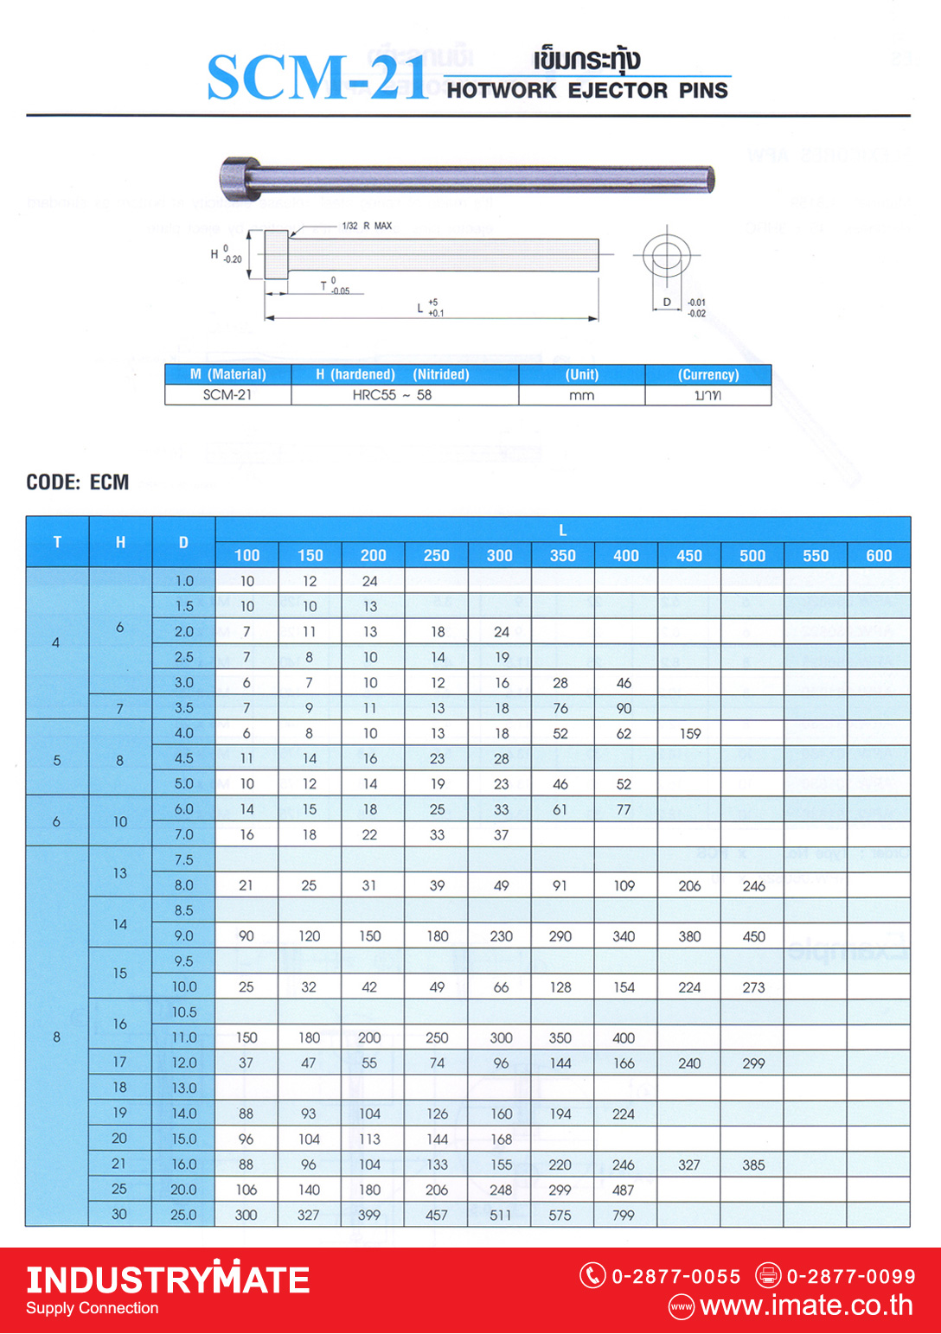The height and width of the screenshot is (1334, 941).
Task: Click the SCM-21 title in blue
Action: pos(317,79)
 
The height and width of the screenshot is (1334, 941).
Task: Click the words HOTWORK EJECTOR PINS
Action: pos(587,91)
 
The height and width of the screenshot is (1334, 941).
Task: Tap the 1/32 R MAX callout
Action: pos(367,226)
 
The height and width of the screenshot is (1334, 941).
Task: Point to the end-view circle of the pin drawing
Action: pos(666,256)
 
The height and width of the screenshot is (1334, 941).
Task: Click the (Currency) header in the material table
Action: pos(707,374)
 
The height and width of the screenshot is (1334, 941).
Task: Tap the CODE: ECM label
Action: pos(78,482)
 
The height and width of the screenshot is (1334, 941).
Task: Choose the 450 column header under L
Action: pos(689,556)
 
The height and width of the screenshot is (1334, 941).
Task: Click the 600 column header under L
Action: pos(879,556)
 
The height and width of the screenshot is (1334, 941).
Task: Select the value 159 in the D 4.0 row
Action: pos(690,734)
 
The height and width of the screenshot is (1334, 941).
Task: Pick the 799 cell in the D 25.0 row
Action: pos(624,1216)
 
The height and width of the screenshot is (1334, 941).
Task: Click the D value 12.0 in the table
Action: pos(183,1063)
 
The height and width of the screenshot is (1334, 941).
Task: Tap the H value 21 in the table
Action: pos(119,1164)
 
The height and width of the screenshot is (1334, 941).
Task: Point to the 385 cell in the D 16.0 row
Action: pos(753,1165)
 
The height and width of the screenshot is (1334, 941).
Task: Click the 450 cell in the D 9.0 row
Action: pos(753,936)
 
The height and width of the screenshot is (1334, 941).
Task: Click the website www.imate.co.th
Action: pos(806,1305)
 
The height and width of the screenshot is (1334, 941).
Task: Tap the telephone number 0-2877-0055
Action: pos(675,1276)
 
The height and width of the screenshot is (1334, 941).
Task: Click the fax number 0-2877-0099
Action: pos(850,1276)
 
